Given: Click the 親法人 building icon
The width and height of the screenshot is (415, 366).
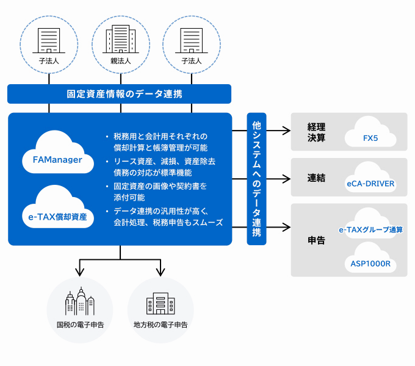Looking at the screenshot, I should point(120,40).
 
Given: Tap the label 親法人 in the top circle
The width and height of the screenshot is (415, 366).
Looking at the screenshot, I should point(120,62).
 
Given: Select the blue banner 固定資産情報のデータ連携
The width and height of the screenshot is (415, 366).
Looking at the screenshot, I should point(120,94).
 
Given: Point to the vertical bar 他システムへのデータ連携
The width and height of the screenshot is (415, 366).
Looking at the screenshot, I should point(256,179).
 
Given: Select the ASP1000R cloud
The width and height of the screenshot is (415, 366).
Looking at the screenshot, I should point(370,261).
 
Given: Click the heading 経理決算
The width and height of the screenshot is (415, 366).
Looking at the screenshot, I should point(316,132).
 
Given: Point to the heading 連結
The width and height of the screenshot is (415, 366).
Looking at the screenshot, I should point(316,178).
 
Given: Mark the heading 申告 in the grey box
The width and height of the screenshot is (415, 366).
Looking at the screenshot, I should point(316,240).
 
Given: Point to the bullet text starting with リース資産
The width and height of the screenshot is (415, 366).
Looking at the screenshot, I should point(164,167).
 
